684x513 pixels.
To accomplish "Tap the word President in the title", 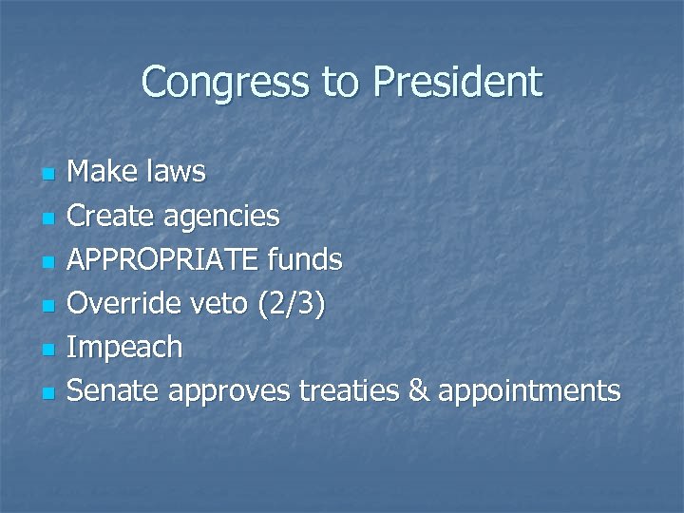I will (x=458, y=83).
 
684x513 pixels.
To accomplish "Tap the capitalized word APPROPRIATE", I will (x=166, y=259).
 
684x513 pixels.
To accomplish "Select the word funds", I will (x=307, y=259).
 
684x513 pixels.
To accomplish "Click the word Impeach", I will (x=125, y=348).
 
